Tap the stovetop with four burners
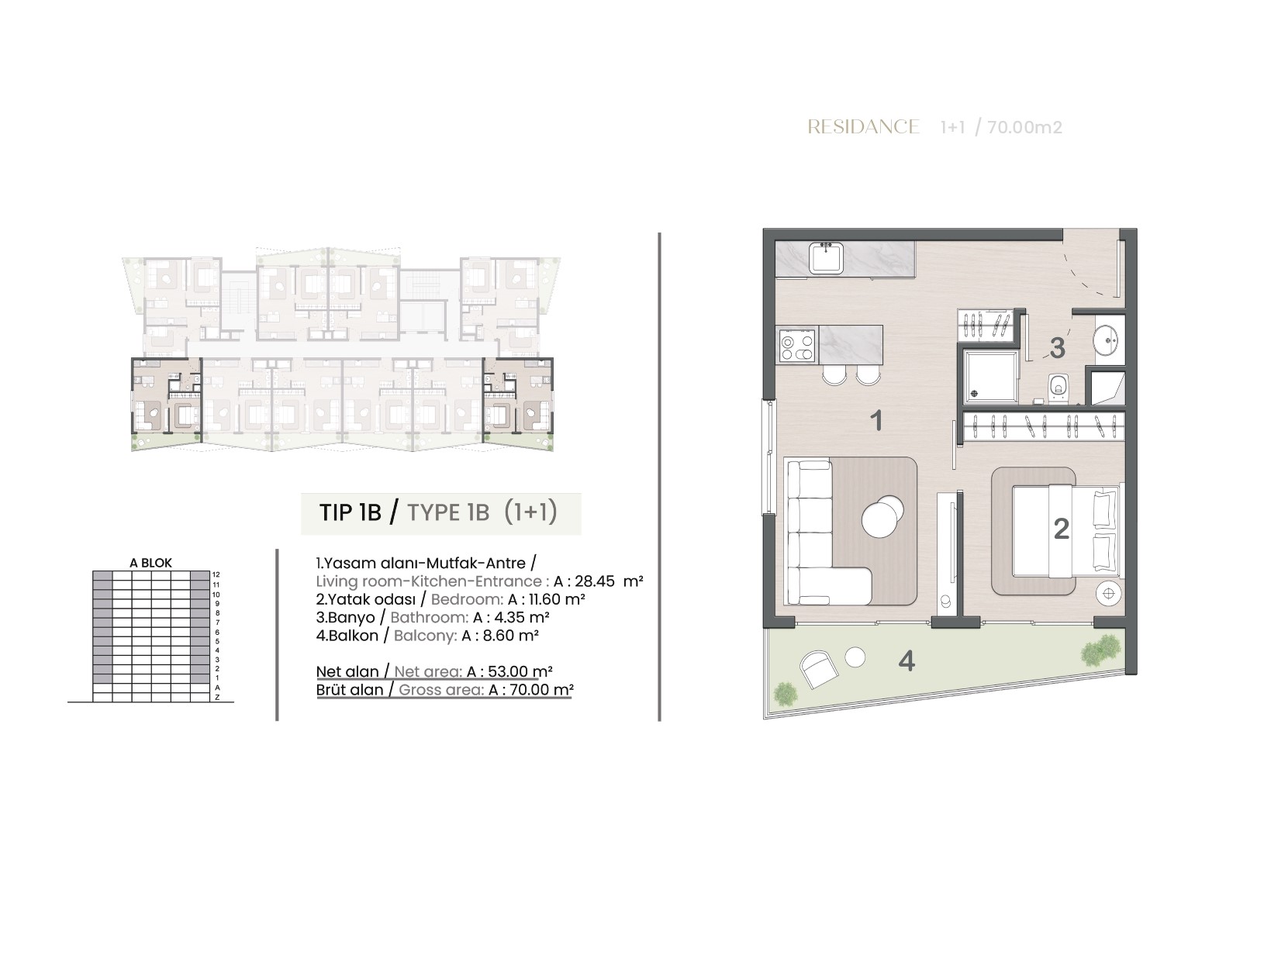[797, 345]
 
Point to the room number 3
[1057, 348]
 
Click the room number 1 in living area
[875, 421]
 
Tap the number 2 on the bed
[1061, 529]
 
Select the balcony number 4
[907, 661]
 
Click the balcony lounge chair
[818, 669]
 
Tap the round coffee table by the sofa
[881, 515]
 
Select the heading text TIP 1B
[350, 512]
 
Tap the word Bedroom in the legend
[467, 599]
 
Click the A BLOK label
[151, 563]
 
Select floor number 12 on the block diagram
[216, 574]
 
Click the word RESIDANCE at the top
[863, 126]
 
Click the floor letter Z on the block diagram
[217, 697]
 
